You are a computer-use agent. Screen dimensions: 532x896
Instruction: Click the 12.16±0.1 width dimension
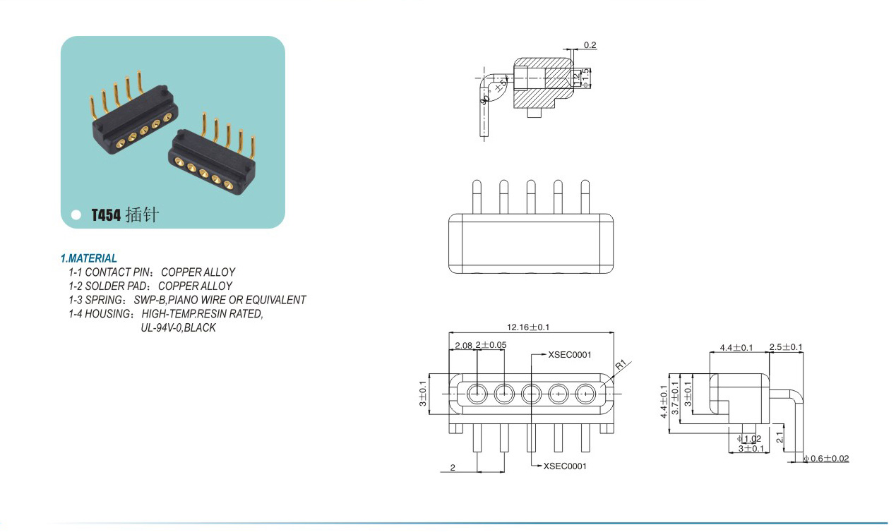[528, 327]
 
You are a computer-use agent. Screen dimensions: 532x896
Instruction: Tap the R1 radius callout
[621, 365]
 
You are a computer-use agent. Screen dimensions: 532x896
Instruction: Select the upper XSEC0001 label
[569, 355]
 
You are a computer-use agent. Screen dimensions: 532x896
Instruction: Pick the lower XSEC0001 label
[565, 466]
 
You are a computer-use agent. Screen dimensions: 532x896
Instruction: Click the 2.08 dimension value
[463, 345]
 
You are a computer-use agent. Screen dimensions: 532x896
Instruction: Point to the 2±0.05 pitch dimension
[491, 345]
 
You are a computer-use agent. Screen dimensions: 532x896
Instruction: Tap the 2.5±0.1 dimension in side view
[786, 347]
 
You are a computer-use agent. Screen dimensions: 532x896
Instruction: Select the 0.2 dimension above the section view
[590, 45]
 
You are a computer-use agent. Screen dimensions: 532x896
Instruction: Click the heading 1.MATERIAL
[89, 258]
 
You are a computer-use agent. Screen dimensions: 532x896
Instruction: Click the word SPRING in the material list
[104, 300]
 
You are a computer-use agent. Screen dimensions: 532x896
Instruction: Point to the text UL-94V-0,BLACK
[179, 327]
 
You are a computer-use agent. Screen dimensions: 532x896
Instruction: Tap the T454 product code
[107, 215]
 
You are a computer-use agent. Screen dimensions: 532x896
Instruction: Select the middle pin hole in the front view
[530, 393]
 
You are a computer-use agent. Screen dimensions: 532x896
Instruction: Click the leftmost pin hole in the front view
[477, 393]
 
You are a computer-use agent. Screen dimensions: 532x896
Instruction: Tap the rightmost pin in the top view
[585, 197]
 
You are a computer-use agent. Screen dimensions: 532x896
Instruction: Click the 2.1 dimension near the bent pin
[779, 437]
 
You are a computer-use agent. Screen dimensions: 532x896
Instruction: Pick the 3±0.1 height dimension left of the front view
[423, 393]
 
